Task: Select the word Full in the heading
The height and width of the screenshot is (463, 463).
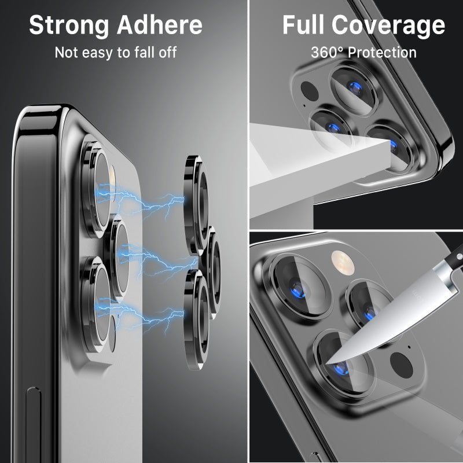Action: coord(304,25)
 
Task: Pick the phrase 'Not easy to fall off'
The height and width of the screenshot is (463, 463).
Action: coord(116,53)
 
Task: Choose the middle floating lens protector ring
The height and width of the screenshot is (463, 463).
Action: coord(213,263)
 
